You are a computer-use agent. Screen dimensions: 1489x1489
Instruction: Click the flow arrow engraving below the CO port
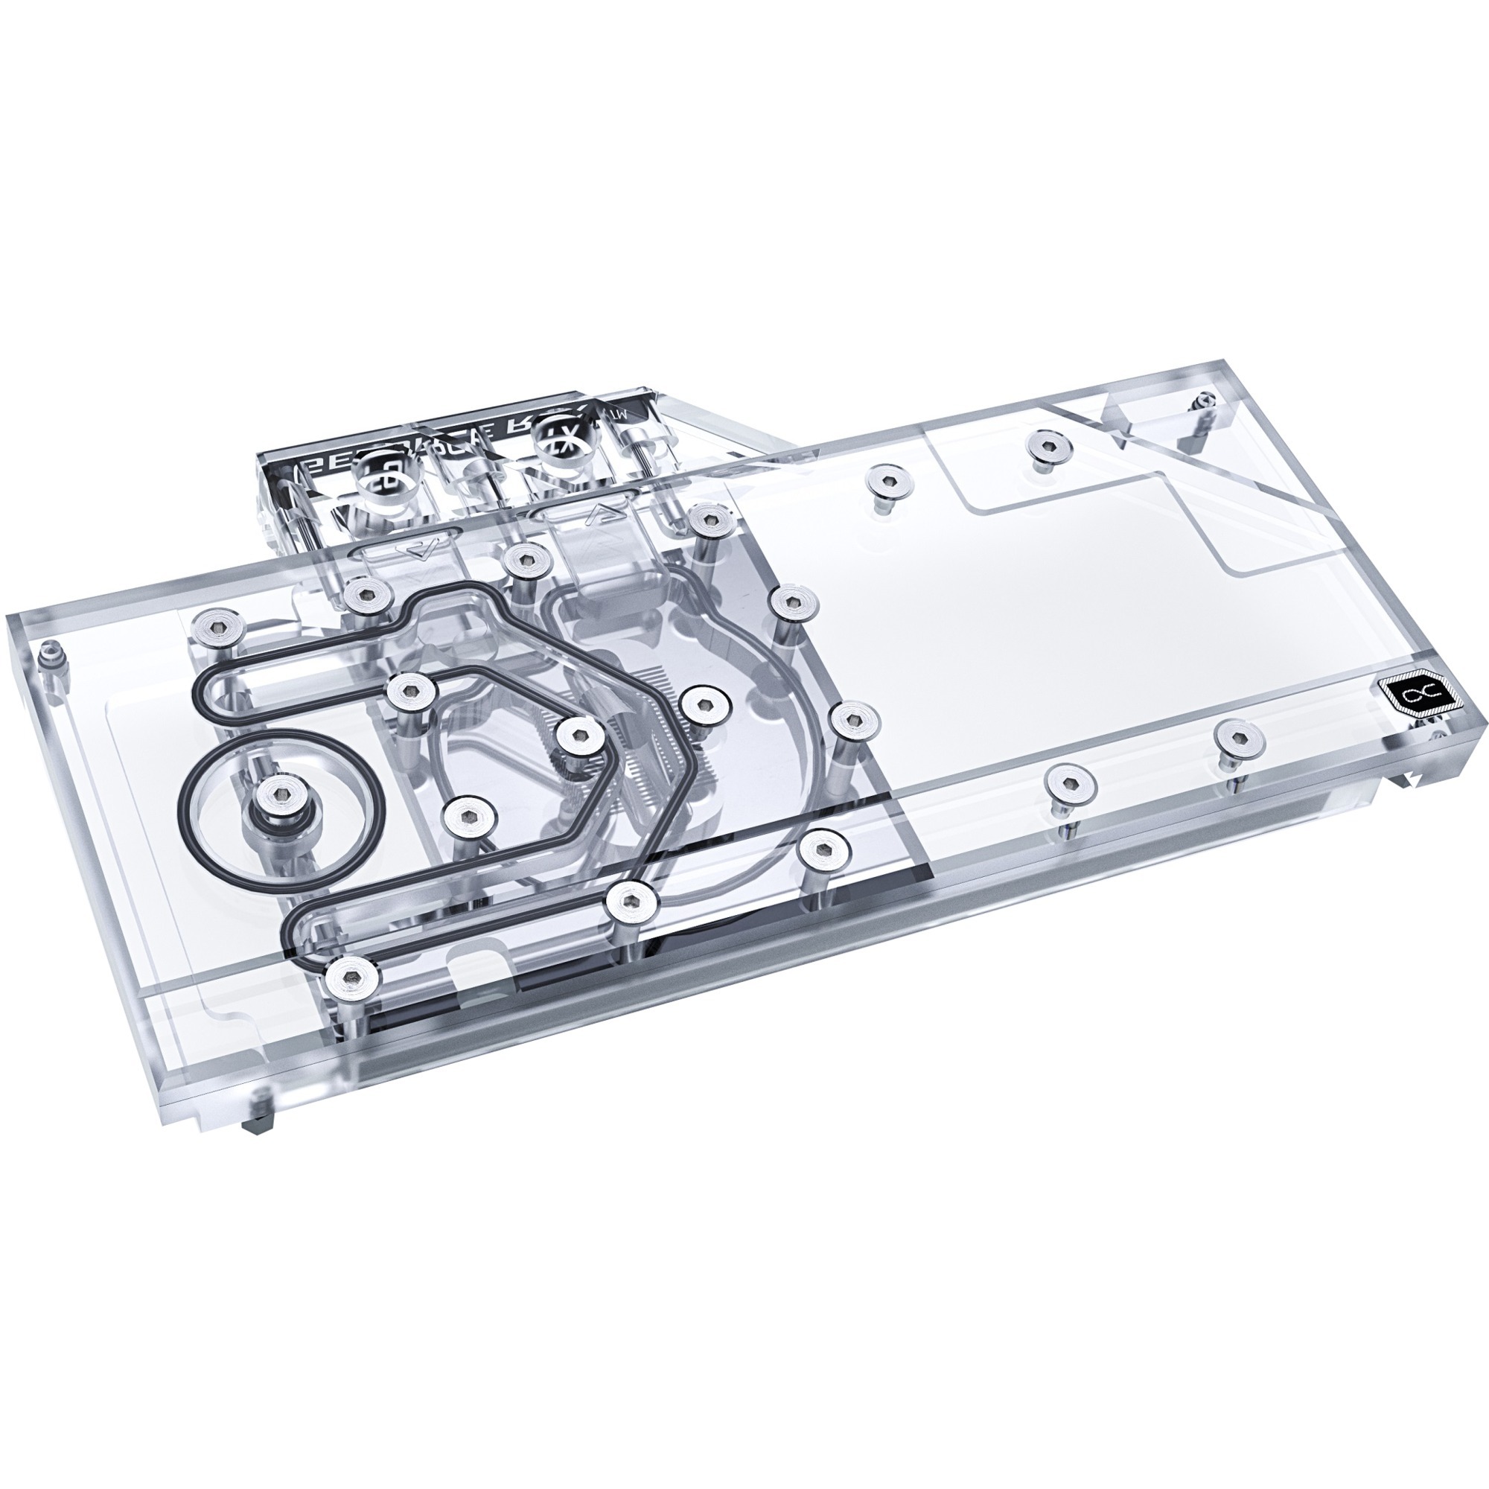point(420,549)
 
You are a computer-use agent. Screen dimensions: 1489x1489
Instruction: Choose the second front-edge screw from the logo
point(1071,785)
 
